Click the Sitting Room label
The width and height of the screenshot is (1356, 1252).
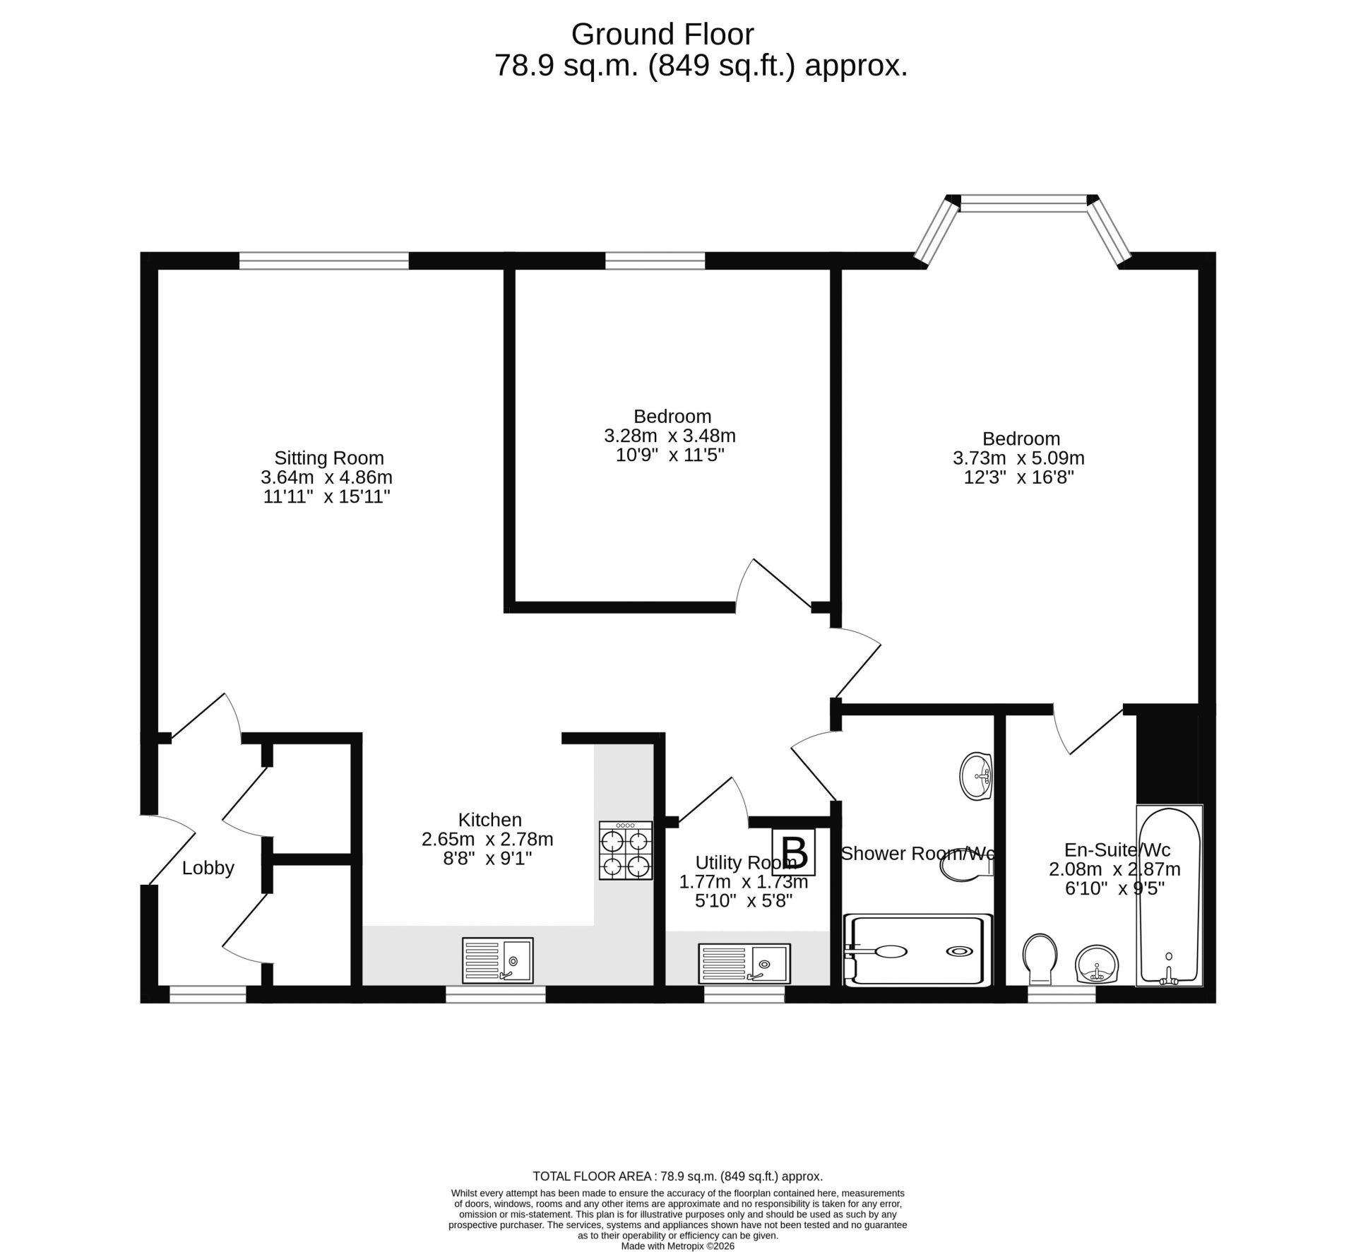(x=329, y=458)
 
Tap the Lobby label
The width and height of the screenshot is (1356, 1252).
(x=208, y=868)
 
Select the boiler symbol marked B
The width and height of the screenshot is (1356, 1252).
(x=795, y=852)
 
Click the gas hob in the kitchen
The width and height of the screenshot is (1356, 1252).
(x=626, y=850)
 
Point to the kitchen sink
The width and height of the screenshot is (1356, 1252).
(x=498, y=960)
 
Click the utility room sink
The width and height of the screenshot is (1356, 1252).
(x=744, y=963)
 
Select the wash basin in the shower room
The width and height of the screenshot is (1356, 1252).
(x=977, y=777)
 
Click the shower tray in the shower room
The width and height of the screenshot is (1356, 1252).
(x=917, y=950)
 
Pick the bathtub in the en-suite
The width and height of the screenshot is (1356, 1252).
(x=1169, y=896)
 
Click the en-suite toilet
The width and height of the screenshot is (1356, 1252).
(x=1040, y=959)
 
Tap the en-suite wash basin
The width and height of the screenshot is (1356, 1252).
(x=1096, y=964)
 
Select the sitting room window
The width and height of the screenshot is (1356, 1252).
(x=324, y=261)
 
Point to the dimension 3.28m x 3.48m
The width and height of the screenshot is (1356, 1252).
(x=670, y=436)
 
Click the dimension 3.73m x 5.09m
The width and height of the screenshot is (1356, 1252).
(x=1018, y=458)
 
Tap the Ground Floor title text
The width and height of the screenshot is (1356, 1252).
(x=662, y=34)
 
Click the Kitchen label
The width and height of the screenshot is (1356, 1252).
(x=490, y=820)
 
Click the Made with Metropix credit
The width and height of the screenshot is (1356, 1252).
(x=678, y=1246)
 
